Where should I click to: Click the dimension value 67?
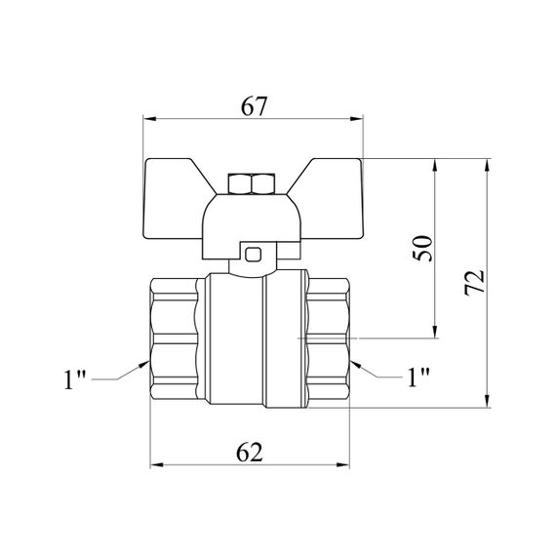[x=254, y=106]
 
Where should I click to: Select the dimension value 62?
[x=250, y=452]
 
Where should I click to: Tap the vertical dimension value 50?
[x=423, y=248]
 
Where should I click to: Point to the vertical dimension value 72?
[x=474, y=282]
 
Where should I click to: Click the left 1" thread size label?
[x=75, y=379]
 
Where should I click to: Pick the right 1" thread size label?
[x=418, y=377]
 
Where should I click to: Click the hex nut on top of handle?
[x=252, y=183]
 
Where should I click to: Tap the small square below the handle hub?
[x=254, y=255]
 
